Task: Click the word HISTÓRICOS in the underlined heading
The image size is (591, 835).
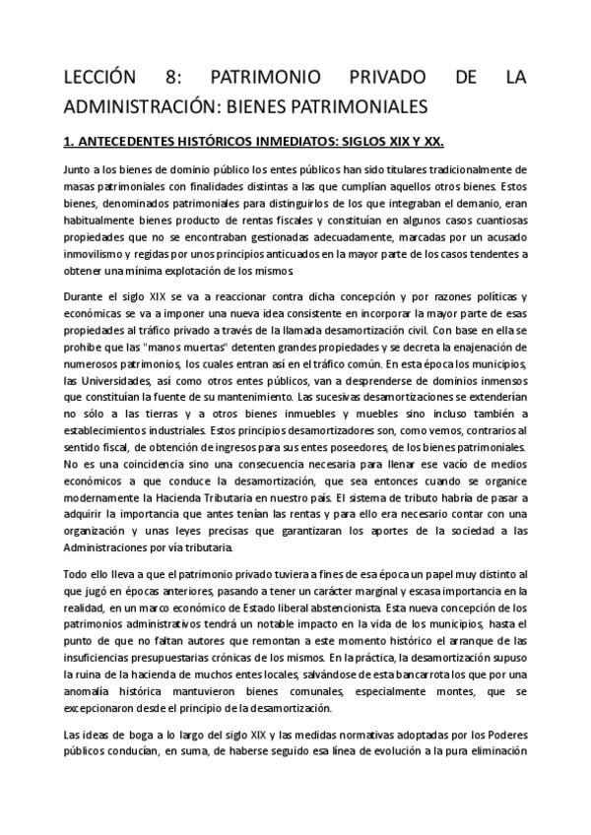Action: pos(227,140)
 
